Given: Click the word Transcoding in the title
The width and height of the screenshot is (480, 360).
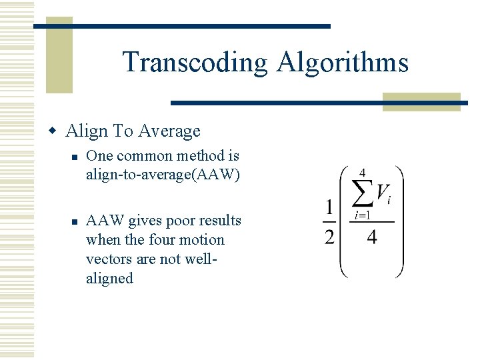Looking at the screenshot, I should point(195,63).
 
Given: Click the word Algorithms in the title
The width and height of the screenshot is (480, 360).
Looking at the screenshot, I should point(342,63).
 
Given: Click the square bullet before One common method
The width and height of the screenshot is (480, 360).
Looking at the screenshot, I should point(77,157).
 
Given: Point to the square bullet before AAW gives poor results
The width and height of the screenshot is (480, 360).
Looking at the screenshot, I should point(77,221).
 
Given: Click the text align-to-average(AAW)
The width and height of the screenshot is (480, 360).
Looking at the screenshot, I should point(163,175).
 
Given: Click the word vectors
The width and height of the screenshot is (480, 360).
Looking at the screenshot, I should point(107,259).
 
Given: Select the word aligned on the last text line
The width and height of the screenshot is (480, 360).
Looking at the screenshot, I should point(109,278).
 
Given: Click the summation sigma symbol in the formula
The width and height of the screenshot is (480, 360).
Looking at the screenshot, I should point(362,195).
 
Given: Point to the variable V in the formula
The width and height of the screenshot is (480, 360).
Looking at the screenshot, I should point(383,193).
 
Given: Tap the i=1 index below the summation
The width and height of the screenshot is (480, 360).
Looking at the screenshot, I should point(362,215).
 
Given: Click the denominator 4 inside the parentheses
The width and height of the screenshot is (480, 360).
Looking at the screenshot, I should point(371,237).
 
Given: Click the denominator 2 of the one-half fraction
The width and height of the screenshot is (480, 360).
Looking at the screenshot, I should point(330,237).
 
